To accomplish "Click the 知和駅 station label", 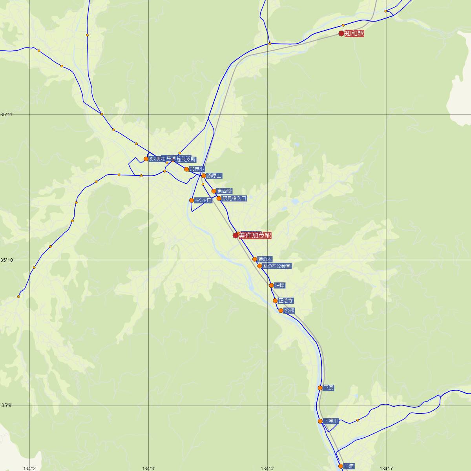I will (x=354, y=34).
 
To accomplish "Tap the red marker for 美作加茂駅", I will (x=235, y=235).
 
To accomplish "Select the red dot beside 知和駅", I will (x=341, y=34).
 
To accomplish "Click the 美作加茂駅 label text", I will (x=255, y=235).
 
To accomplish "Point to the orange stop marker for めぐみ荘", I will (x=146, y=159).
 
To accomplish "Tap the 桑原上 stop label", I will (x=214, y=176).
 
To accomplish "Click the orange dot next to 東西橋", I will (x=214, y=191).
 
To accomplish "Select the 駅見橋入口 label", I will (x=234, y=199).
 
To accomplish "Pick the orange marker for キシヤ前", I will (x=192, y=200).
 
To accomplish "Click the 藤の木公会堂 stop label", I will (x=277, y=266).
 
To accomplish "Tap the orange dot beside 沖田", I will (x=271, y=285).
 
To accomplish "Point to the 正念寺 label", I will (x=286, y=301).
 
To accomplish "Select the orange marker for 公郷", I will (x=281, y=310).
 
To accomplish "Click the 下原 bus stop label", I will (x=329, y=388).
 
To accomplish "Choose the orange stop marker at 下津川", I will (x=320, y=421).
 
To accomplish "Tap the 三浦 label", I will (x=349, y=466).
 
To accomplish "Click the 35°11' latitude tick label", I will (x=7, y=115).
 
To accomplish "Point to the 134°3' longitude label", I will (x=149, y=468).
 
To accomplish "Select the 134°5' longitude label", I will (x=387, y=468).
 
